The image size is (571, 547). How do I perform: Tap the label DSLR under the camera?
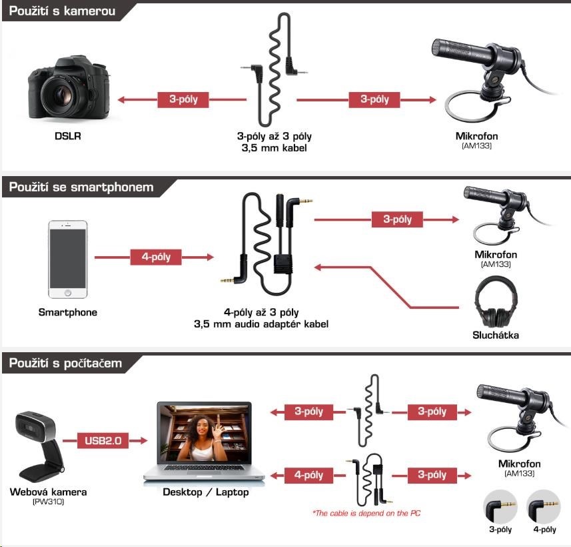68,136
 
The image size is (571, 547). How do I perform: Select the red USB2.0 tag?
103,440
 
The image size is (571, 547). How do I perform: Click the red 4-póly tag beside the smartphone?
156,257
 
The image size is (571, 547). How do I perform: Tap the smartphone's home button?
68,292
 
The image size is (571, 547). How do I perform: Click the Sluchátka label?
496,335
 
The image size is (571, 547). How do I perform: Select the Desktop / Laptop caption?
206,492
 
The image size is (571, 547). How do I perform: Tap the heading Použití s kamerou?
62,11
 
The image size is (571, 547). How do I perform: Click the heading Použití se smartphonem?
81,187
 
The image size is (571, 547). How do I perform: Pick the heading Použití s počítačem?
65,363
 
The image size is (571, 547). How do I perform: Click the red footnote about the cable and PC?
366,513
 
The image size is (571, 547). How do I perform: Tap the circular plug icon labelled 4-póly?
544,507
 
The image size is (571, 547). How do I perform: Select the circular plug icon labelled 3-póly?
500,507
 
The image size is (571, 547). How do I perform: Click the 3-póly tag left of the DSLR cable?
183,99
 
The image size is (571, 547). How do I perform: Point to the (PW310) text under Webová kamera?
49,502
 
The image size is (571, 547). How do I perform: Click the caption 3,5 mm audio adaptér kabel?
261,324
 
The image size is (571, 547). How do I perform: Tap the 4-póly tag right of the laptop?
308,475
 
